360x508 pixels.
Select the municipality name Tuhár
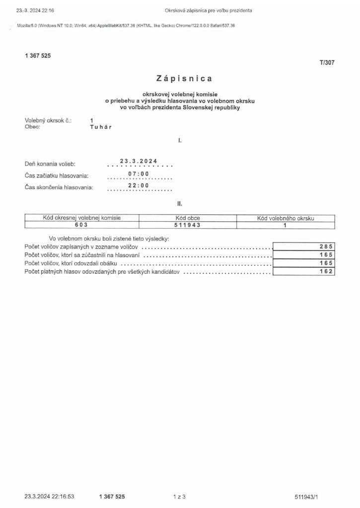[101, 127]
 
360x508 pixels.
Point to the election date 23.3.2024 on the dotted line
[139, 161]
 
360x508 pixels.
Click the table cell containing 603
[81, 224]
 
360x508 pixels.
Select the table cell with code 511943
[187, 224]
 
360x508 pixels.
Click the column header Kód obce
[187, 218]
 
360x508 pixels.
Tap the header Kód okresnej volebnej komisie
[81, 218]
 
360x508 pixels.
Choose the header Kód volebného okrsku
[285, 218]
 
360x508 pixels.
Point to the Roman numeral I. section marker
[180, 141]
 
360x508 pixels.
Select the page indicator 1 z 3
[179, 496]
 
